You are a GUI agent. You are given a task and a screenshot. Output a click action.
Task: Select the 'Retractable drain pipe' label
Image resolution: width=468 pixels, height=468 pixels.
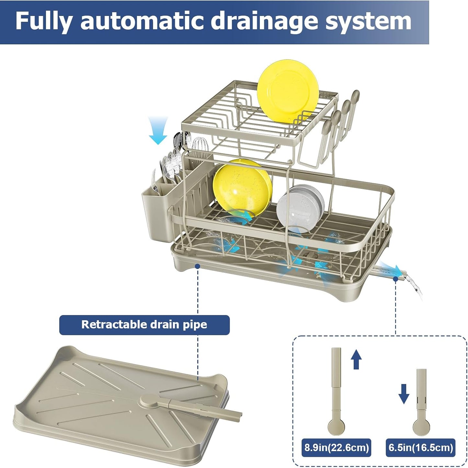click(x=144, y=325)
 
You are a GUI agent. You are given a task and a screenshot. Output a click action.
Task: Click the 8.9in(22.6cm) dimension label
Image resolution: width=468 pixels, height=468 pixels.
click(x=337, y=448)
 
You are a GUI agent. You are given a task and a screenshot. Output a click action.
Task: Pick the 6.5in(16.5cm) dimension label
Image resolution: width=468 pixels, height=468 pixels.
click(x=421, y=448)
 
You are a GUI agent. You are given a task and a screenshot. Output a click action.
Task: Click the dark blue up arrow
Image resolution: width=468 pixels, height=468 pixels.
click(x=356, y=359)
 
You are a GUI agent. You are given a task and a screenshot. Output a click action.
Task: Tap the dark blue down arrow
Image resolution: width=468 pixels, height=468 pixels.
click(x=404, y=394)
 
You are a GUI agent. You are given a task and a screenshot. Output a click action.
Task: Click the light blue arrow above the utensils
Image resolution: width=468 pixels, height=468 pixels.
click(x=158, y=131)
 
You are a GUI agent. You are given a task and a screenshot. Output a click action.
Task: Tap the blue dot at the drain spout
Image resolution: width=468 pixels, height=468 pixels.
click(x=395, y=278)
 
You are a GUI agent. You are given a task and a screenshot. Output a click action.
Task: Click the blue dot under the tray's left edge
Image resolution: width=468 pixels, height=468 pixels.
click(x=197, y=266)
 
